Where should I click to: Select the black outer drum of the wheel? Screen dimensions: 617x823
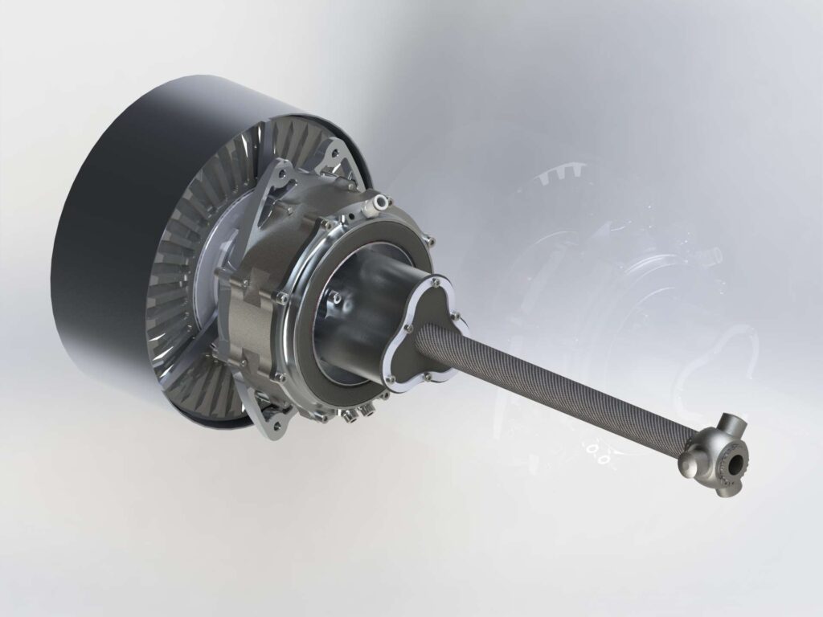pyautogui.click(x=104, y=241)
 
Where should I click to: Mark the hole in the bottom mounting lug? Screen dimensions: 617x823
pyautogui.click(x=274, y=419)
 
